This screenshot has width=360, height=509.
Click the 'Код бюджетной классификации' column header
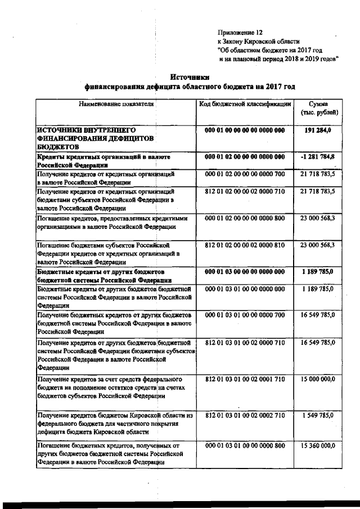tap(245, 104)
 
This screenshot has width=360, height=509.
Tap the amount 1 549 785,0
tap(317, 415)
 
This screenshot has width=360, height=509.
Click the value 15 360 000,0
tap(317, 445)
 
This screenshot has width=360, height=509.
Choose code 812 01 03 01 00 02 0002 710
tap(245, 415)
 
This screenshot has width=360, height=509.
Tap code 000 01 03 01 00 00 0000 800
tap(245, 445)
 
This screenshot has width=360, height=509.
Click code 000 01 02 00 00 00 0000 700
tap(245, 174)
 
